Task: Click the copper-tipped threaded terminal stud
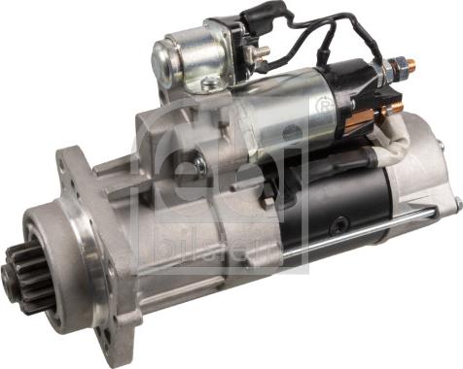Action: (x=408, y=67)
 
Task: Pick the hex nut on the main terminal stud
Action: (x=395, y=70)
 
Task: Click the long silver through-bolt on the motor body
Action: (x=370, y=233)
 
